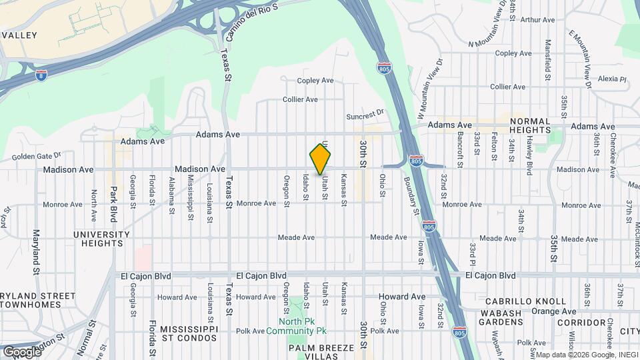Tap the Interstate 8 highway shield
(x=42, y=75)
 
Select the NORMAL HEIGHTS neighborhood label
(x=530, y=126)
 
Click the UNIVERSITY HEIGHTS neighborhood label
(x=102, y=239)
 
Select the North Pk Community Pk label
(x=297, y=326)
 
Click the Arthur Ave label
(x=537, y=20)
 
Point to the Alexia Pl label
(x=613, y=79)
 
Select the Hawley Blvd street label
(x=529, y=152)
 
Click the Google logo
(x=22, y=351)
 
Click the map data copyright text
(x=587, y=355)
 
